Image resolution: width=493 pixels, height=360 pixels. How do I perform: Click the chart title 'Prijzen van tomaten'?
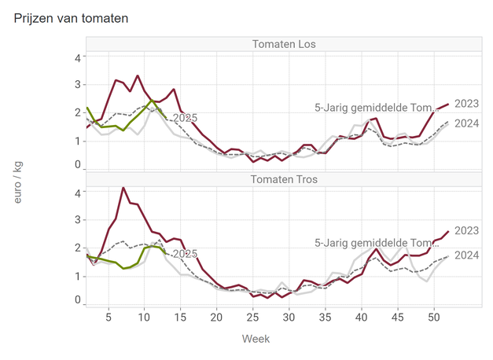(x=72, y=17)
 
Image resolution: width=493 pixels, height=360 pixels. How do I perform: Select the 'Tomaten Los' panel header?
(x=284, y=44)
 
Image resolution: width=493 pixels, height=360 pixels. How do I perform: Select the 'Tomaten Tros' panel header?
(x=284, y=179)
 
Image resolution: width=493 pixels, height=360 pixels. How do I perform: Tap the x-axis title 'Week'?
(x=256, y=340)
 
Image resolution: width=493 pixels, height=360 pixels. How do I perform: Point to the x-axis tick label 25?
(x=252, y=317)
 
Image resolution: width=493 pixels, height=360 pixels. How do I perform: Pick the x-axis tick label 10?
(x=144, y=317)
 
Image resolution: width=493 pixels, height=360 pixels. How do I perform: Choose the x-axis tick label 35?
(x=325, y=317)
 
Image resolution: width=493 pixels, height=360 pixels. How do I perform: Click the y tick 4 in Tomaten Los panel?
(x=77, y=57)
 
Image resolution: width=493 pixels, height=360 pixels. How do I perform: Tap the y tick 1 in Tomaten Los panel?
(x=77, y=141)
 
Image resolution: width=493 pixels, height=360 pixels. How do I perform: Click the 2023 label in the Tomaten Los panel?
(x=467, y=103)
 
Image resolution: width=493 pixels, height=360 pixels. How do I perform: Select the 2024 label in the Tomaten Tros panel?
(x=467, y=255)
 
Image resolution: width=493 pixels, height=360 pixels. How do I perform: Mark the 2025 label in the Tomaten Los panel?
(x=184, y=118)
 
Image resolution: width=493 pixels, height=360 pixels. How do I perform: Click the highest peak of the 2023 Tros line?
(x=123, y=188)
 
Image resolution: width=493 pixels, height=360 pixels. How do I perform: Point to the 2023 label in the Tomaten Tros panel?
(x=467, y=230)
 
